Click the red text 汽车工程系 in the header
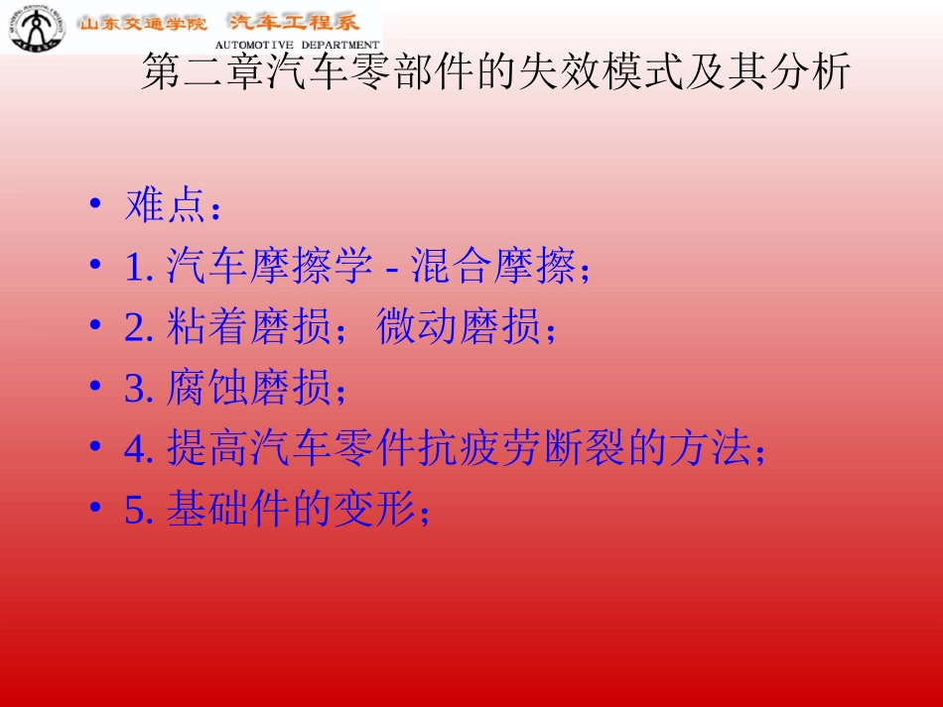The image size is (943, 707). (x=293, y=23)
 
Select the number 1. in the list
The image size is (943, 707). (x=138, y=267)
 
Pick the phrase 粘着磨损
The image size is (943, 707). (x=248, y=327)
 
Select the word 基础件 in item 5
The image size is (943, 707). (x=227, y=510)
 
